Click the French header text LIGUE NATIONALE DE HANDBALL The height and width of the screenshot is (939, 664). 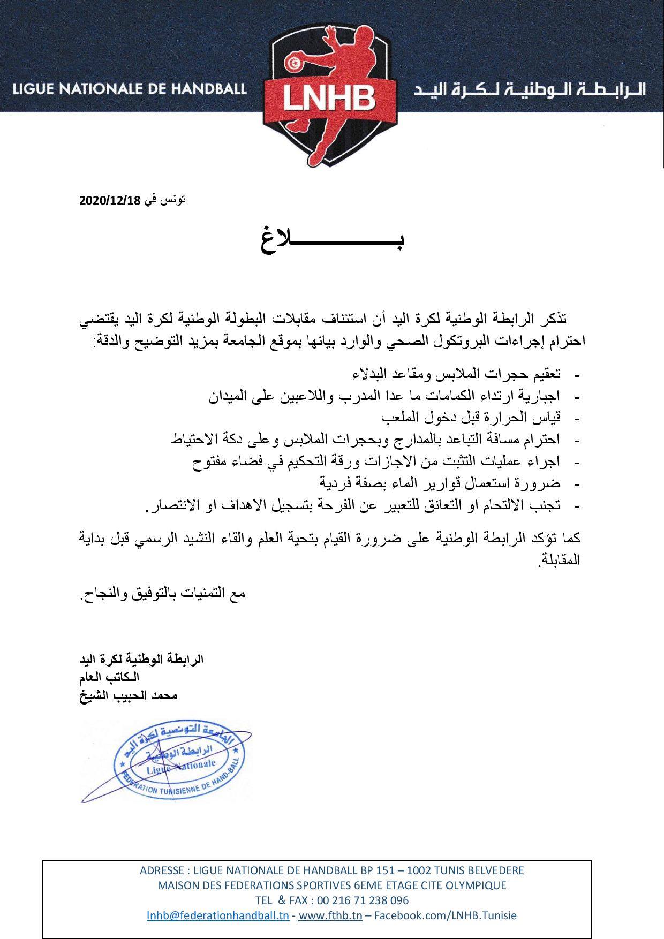[x=130, y=88]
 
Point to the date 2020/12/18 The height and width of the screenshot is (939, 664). [x=109, y=201]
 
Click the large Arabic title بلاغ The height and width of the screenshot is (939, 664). [x=332, y=239]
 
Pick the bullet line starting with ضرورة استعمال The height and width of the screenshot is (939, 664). [x=440, y=483]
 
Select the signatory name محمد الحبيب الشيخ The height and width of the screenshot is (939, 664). [x=129, y=695]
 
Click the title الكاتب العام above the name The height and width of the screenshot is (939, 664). [x=109, y=677]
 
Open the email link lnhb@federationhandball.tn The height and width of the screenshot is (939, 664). [x=218, y=915]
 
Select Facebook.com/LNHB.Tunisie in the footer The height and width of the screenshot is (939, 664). [x=445, y=915]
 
